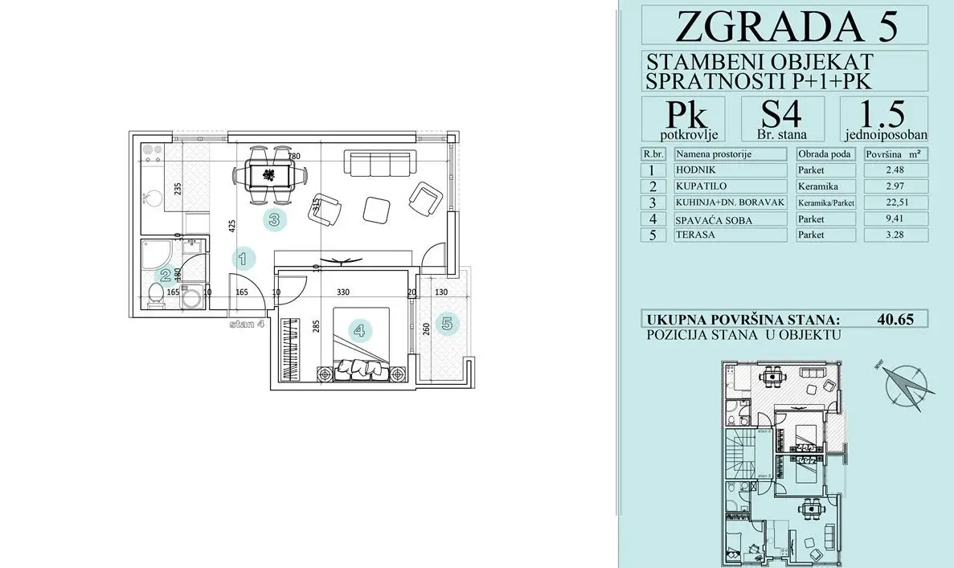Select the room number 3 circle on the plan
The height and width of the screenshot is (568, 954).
pos(274,219)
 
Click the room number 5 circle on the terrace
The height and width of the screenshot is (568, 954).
pos(446,325)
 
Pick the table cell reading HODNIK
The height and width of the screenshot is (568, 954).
pos(730,170)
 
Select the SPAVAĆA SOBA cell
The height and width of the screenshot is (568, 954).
pos(730,219)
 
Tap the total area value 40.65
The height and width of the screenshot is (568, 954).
pos(897,318)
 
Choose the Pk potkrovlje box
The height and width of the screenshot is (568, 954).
pos(682,119)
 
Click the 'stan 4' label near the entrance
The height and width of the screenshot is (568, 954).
pos(247,325)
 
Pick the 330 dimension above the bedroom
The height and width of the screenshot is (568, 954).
pos(342,293)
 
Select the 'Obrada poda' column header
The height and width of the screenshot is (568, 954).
pos(825,154)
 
